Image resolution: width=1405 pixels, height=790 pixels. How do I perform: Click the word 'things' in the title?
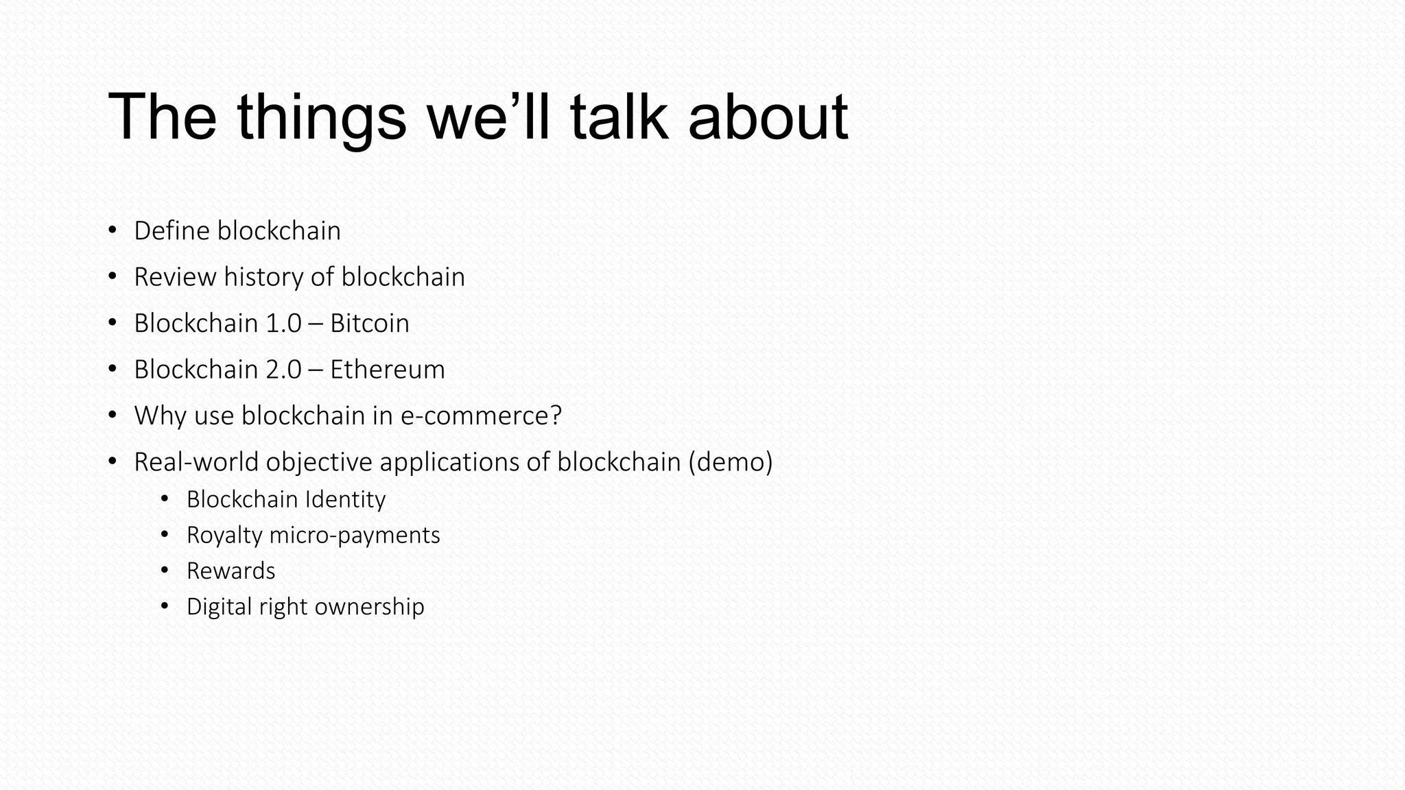(322, 118)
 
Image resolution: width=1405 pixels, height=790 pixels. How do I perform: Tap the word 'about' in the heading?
(768, 118)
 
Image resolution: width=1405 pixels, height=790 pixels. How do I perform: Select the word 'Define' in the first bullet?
(172, 231)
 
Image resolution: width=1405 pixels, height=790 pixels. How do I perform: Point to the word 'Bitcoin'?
(369, 324)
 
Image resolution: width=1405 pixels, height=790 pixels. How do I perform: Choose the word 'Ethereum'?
(387, 370)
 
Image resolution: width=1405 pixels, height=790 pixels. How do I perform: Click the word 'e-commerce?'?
(481, 416)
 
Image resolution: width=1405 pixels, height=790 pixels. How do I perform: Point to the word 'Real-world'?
(196, 462)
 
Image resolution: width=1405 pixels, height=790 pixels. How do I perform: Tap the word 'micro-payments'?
(355, 535)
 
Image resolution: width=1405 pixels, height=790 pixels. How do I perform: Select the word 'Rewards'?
(231, 571)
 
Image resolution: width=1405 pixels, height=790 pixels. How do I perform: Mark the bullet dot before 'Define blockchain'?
(113, 231)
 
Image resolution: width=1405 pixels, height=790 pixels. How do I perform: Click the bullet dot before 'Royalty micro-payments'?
(164, 535)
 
